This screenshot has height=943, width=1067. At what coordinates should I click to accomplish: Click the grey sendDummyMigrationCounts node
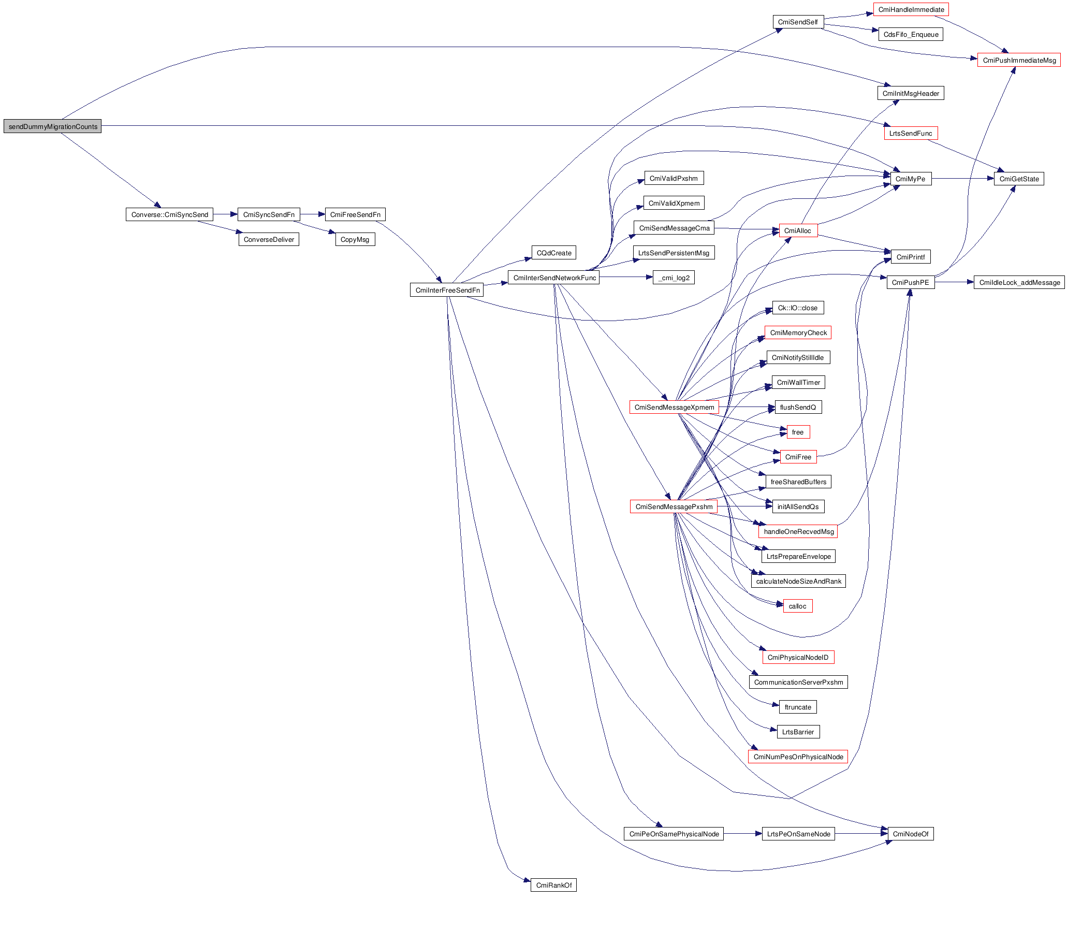[53, 126]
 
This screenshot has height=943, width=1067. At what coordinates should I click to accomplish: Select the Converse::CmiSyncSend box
[169, 214]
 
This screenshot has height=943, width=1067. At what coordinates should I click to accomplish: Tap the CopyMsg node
[355, 240]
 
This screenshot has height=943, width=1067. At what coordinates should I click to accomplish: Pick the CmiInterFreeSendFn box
[447, 291]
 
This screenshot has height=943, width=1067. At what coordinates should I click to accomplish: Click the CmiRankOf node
[553, 885]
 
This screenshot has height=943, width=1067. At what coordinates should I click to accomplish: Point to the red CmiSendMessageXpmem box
[674, 407]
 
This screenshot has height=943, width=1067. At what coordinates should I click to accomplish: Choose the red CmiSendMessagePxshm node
[674, 506]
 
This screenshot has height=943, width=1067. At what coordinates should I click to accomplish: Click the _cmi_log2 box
[674, 278]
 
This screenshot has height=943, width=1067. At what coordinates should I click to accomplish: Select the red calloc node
[797, 606]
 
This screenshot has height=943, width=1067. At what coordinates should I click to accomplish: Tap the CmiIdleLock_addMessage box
[1019, 282]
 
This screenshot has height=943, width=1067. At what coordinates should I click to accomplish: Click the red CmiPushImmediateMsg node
[1018, 60]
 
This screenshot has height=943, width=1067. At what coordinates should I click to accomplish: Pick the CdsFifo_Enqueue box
[911, 35]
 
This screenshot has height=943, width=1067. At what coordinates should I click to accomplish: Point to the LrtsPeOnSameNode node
[798, 834]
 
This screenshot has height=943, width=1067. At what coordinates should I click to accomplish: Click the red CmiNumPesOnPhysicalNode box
[798, 757]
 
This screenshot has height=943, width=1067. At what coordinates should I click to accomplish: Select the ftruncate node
[797, 707]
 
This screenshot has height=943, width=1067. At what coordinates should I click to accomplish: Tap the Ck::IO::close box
[798, 308]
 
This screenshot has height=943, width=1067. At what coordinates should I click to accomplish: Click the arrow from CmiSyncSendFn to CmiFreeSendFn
[312, 214]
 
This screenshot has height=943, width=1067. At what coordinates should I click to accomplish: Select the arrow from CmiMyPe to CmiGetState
[962, 179]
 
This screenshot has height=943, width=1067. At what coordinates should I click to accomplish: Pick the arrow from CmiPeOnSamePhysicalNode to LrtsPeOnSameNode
[742, 834]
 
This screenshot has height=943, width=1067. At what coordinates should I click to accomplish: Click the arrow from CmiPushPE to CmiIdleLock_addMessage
[954, 282]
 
